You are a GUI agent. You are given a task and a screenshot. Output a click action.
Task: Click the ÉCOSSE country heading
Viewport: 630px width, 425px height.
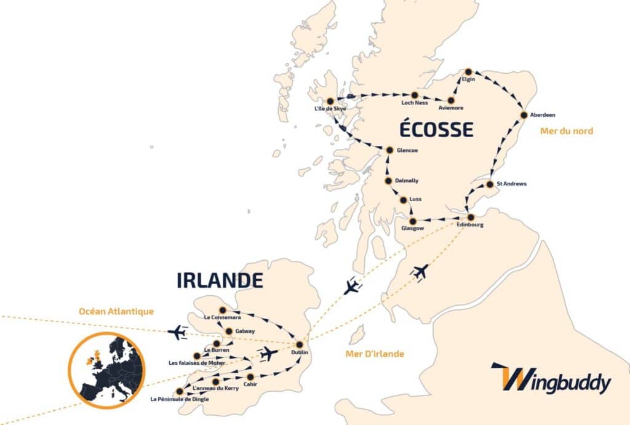[x=436, y=130]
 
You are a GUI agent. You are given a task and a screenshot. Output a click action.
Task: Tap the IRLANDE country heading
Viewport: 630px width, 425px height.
[x=220, y=280]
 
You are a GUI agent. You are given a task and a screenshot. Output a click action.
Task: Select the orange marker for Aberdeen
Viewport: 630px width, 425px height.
[x=524, y=115]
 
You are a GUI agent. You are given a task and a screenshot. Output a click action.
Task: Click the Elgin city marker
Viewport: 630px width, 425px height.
[x=468, y=71]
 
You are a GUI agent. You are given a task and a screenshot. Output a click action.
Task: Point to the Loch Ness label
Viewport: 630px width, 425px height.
[x=414, y=103]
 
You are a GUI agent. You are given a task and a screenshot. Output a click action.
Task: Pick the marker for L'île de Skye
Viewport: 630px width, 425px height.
[x=330, y=101]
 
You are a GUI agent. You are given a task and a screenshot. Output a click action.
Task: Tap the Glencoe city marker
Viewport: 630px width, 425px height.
[x=389, y=149]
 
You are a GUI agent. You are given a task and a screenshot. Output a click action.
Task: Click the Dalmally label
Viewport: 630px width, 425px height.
[x=407, y=181]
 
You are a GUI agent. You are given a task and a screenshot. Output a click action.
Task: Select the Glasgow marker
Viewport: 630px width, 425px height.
[x=413, y=221]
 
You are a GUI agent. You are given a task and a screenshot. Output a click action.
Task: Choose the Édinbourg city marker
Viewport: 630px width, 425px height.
[x=471, y=217]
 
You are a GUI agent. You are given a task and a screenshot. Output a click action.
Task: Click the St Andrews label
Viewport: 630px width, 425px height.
[x=511, y=184]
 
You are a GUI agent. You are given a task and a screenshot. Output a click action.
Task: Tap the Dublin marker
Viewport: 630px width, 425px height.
[x=300, y=344]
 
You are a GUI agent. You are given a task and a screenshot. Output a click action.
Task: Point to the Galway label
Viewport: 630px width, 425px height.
[x=245, y=332]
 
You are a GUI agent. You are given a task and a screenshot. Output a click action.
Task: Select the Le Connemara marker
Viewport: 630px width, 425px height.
[x=223, y=309]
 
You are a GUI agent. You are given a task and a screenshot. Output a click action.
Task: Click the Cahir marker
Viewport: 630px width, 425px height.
[x=250, y=376]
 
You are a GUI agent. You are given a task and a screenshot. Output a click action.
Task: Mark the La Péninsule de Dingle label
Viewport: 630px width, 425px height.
[x=180, y=399]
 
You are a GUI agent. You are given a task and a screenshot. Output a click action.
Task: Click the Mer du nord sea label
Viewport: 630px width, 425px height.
[x=566, y=130]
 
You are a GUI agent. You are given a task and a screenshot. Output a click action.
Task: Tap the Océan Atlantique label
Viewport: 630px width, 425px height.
[x=116, y=311]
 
